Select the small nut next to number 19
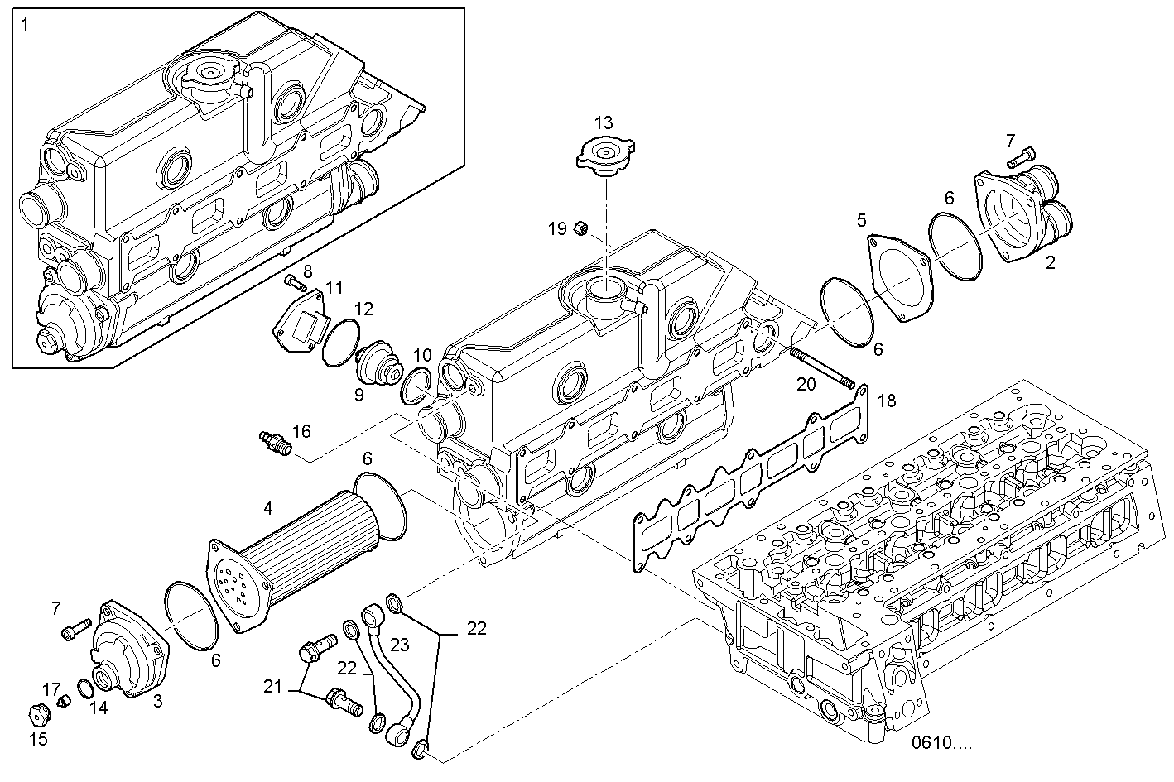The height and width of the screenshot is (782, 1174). [x=583, y=228]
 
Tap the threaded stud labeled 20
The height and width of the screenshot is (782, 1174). [x=823, y=367]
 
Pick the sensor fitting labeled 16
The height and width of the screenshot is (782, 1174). [x=276, y=440]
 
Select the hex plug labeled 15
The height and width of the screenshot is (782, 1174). [x=38, y=712]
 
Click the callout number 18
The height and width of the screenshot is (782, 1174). [x=886, y=401]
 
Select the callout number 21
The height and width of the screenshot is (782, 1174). [x=274, y=686]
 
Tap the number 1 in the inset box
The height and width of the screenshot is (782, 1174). [x=25, y=25]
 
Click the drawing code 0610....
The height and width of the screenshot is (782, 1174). [x=941, y=742]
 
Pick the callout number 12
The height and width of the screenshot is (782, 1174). [x=364, y=309]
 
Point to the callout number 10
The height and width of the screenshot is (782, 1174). [x=422, y=355]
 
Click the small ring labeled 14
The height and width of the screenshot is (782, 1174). [x=84, y=688]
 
